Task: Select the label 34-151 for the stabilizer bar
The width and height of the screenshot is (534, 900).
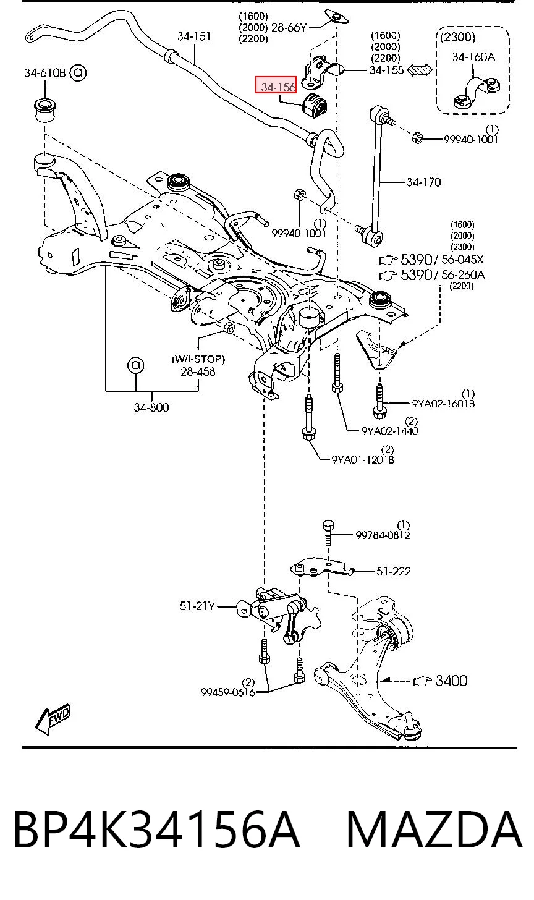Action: click(x=194, y=36)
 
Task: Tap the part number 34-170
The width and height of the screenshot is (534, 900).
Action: click(x=423, y=182)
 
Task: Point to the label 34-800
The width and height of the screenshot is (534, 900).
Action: click(x=151, y=407)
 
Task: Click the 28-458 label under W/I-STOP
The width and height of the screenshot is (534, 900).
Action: click(x=198, y=371)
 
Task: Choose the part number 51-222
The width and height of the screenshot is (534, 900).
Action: click(x=393, y=571)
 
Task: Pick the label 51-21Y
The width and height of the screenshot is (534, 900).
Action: click(x=197, y=606)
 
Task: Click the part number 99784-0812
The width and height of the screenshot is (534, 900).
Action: click(x=383, y=535)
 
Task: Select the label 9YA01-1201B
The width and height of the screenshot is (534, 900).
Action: click(x=363, y=459)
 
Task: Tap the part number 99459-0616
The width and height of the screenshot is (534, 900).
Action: click(x=228, y=692)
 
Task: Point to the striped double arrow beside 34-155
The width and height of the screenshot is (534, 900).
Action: click(x=420, y=70)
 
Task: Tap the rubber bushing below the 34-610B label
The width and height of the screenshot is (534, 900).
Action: click(x=44, y=109)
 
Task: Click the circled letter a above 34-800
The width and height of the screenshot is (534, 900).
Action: click(x=135, y=365)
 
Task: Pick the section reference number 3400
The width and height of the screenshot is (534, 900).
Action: click(x=451, y=681)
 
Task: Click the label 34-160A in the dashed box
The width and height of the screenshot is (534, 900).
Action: click(x=473, y=57)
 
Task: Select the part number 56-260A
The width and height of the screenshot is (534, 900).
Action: click(x=464, y=275)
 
